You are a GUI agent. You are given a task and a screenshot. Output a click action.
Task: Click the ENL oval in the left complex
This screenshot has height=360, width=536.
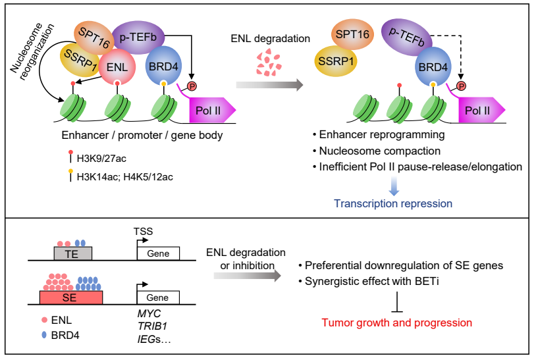click(x=119, y=66)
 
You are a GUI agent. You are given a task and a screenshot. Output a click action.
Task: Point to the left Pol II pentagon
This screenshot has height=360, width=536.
click(x=209, y=109)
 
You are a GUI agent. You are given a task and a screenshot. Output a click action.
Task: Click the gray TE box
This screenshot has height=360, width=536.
click(x=72, y=253)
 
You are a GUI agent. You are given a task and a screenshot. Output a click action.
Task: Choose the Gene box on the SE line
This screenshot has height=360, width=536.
click(x=158, y=297)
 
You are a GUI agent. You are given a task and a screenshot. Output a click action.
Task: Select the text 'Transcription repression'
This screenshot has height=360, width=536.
click(x=393, y=203)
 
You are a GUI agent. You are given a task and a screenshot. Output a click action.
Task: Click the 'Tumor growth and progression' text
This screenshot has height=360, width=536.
click(x=396, y=322)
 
